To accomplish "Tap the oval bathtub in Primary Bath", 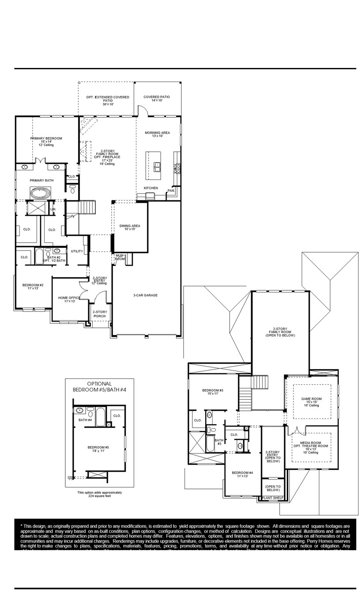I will coord(41,193).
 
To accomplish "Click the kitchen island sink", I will coord(157,166).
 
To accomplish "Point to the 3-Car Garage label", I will coord(146,295).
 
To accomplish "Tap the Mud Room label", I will coord(120,257).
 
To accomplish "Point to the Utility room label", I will coord(77,251).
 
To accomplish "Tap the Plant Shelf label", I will coord(272,498).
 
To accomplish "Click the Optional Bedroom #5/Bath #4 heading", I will coord(99,387).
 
